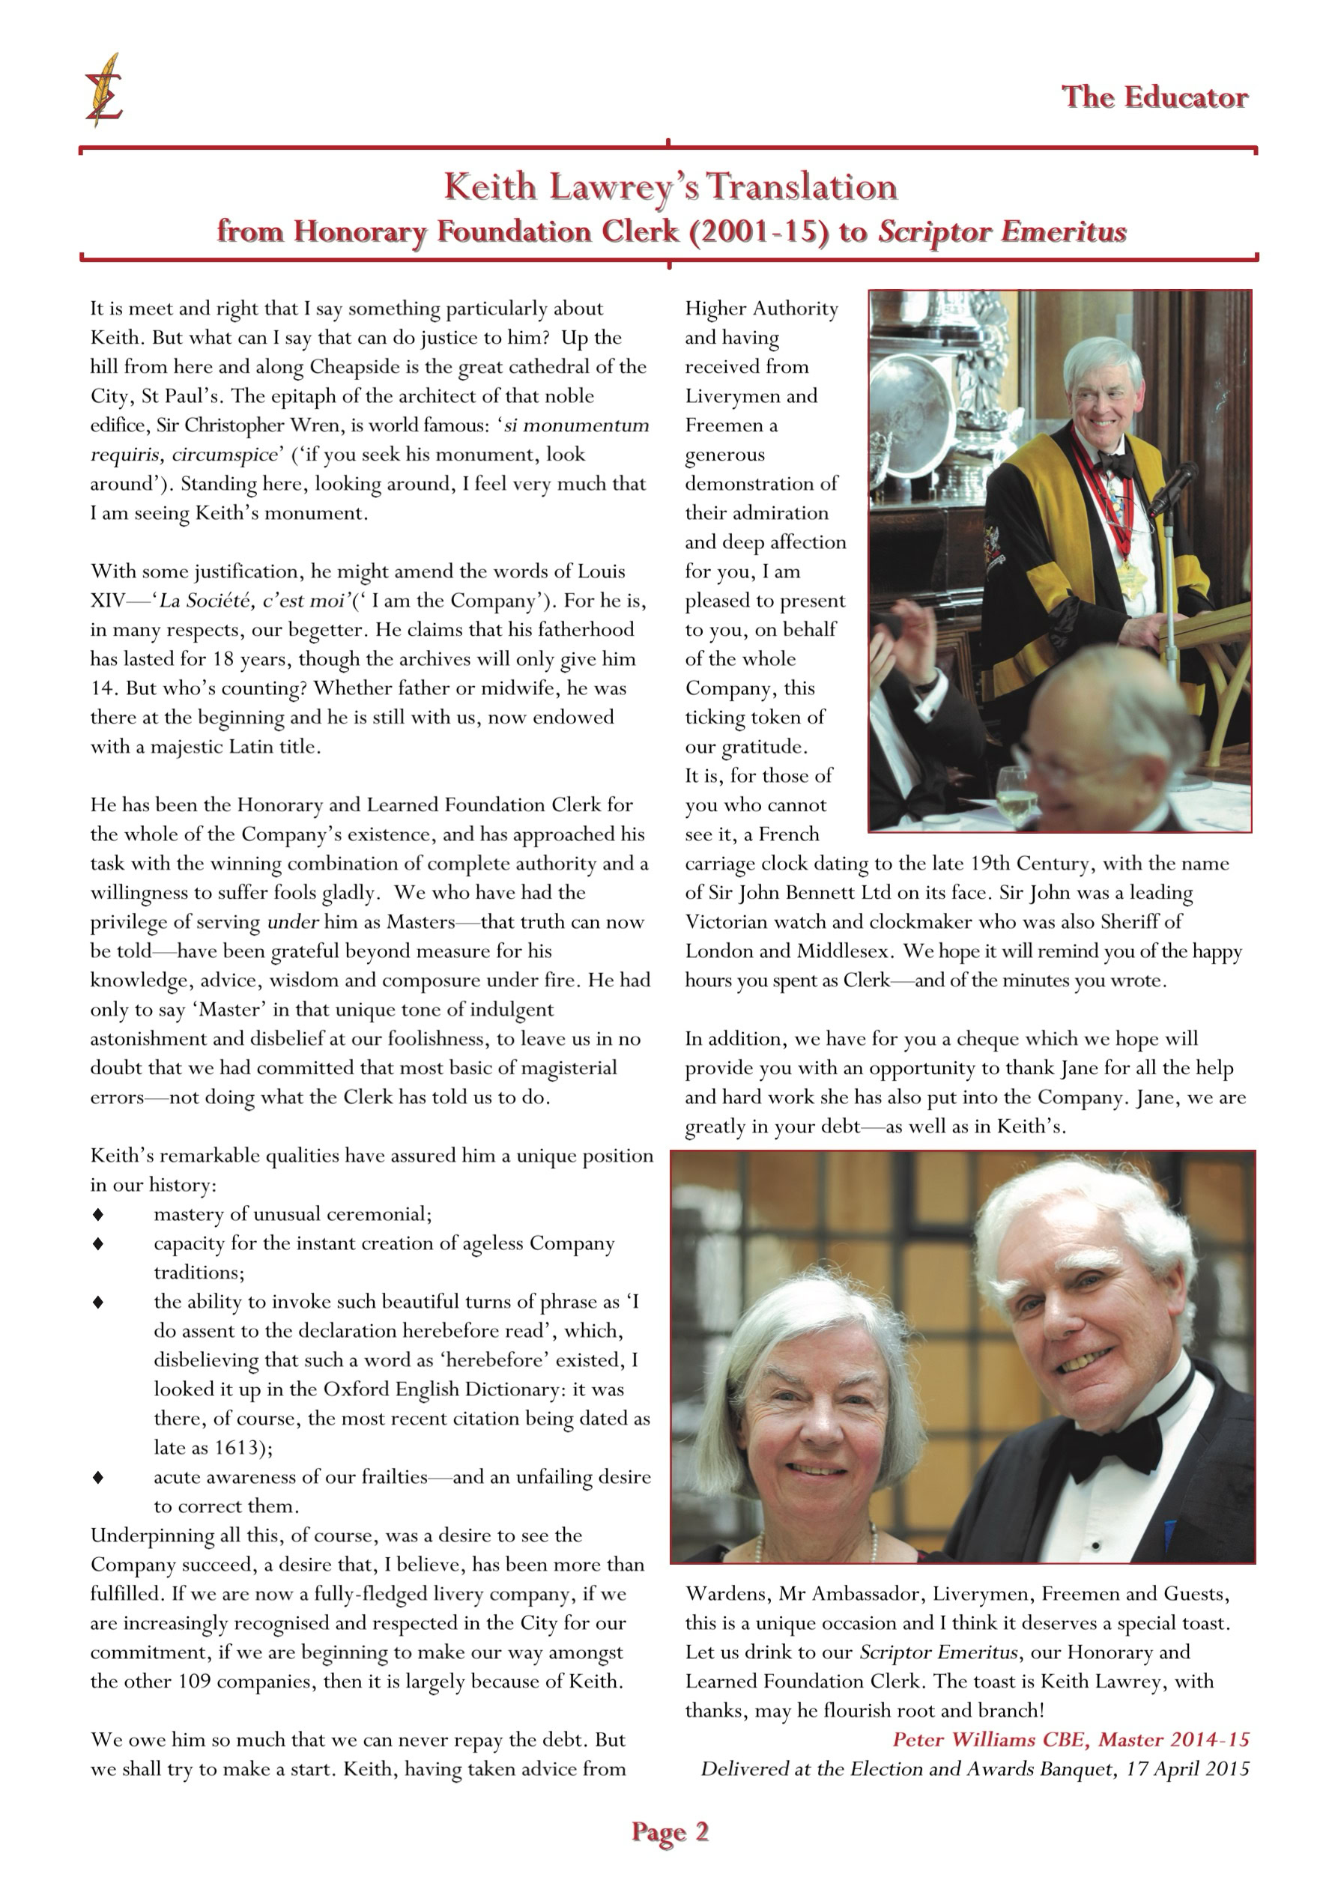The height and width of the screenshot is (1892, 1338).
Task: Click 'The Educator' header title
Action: [x=1154, y=97]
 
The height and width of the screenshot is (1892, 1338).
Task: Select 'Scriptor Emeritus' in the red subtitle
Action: [x=1002, y=231]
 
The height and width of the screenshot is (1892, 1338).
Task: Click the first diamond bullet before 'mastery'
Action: [x=98, y=1215]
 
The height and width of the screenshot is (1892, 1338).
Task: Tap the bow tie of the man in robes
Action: [x=1116, y=464]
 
